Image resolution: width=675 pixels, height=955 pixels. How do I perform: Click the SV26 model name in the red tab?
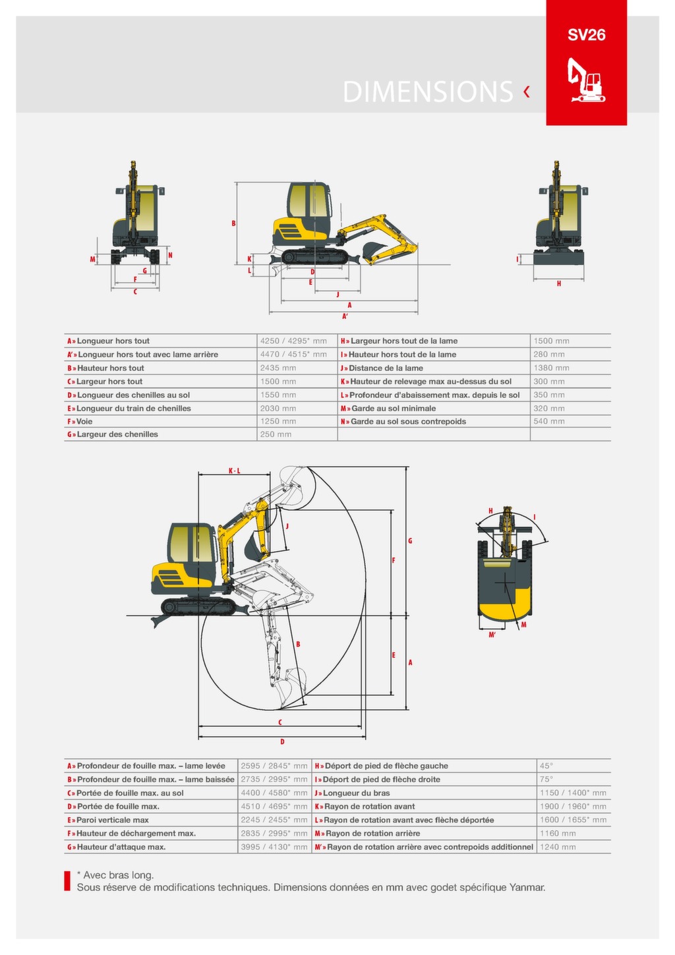click(x=586, y=35)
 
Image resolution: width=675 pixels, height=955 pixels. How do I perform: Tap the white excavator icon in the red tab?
click(x=586, y=80)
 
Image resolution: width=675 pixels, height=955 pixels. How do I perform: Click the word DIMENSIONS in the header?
click(x=428, y=92)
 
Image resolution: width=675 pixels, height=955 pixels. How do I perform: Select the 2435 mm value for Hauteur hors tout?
click(x=278, y=368)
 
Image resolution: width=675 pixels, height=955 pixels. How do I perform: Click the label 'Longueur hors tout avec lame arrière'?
click(x=148, y=355)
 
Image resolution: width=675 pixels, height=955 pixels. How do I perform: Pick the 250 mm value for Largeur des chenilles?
click(x=276, y=434)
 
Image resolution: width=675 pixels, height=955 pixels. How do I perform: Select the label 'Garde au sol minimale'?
click(x=393, y=409)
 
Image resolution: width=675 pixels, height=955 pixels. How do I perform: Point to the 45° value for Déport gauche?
click(x=546, y=766)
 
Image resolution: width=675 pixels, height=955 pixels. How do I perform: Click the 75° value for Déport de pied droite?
click(x=546, y=779)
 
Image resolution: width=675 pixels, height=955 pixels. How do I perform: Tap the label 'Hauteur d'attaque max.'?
click(x=121, y=847)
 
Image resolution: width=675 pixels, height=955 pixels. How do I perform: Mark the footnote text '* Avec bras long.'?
click(x=115, y=875)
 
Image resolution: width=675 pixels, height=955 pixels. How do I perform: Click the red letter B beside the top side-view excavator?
click(x=233, y=223)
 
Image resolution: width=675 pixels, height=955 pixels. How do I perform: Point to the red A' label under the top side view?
click(x=345, y=316)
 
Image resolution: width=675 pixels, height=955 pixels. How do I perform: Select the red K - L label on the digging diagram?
click(x=234, y=471)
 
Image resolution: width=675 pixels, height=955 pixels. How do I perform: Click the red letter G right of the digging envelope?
click(x=410, y=541)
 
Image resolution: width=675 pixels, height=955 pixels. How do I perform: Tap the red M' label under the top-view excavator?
click(x=492, y=635)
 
